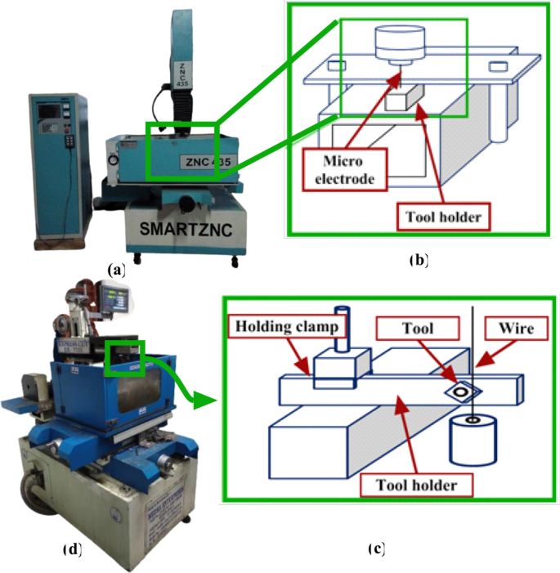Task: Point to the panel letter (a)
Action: (x=116, y=268)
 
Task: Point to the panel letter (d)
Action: (x=73, y=549)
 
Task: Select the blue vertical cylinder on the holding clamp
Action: (x=341, y=329)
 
